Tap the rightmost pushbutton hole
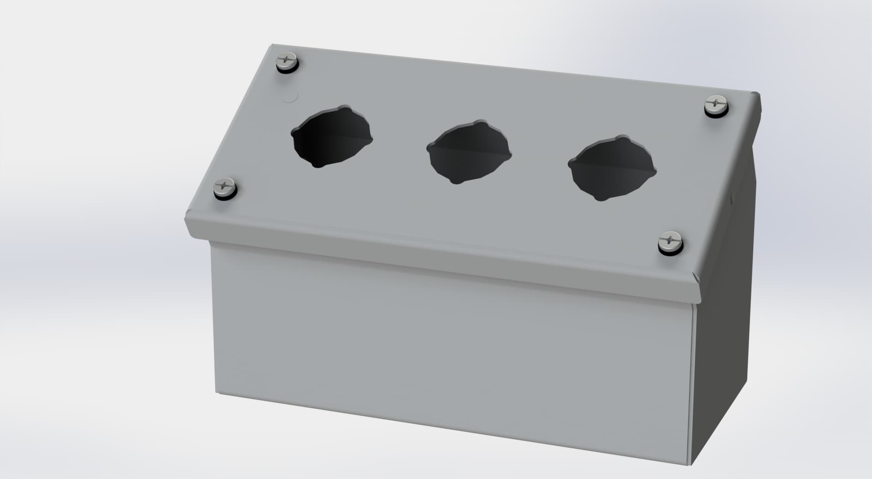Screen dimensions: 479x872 click(611, 169)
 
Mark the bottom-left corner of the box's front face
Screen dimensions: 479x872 click(217, 393)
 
